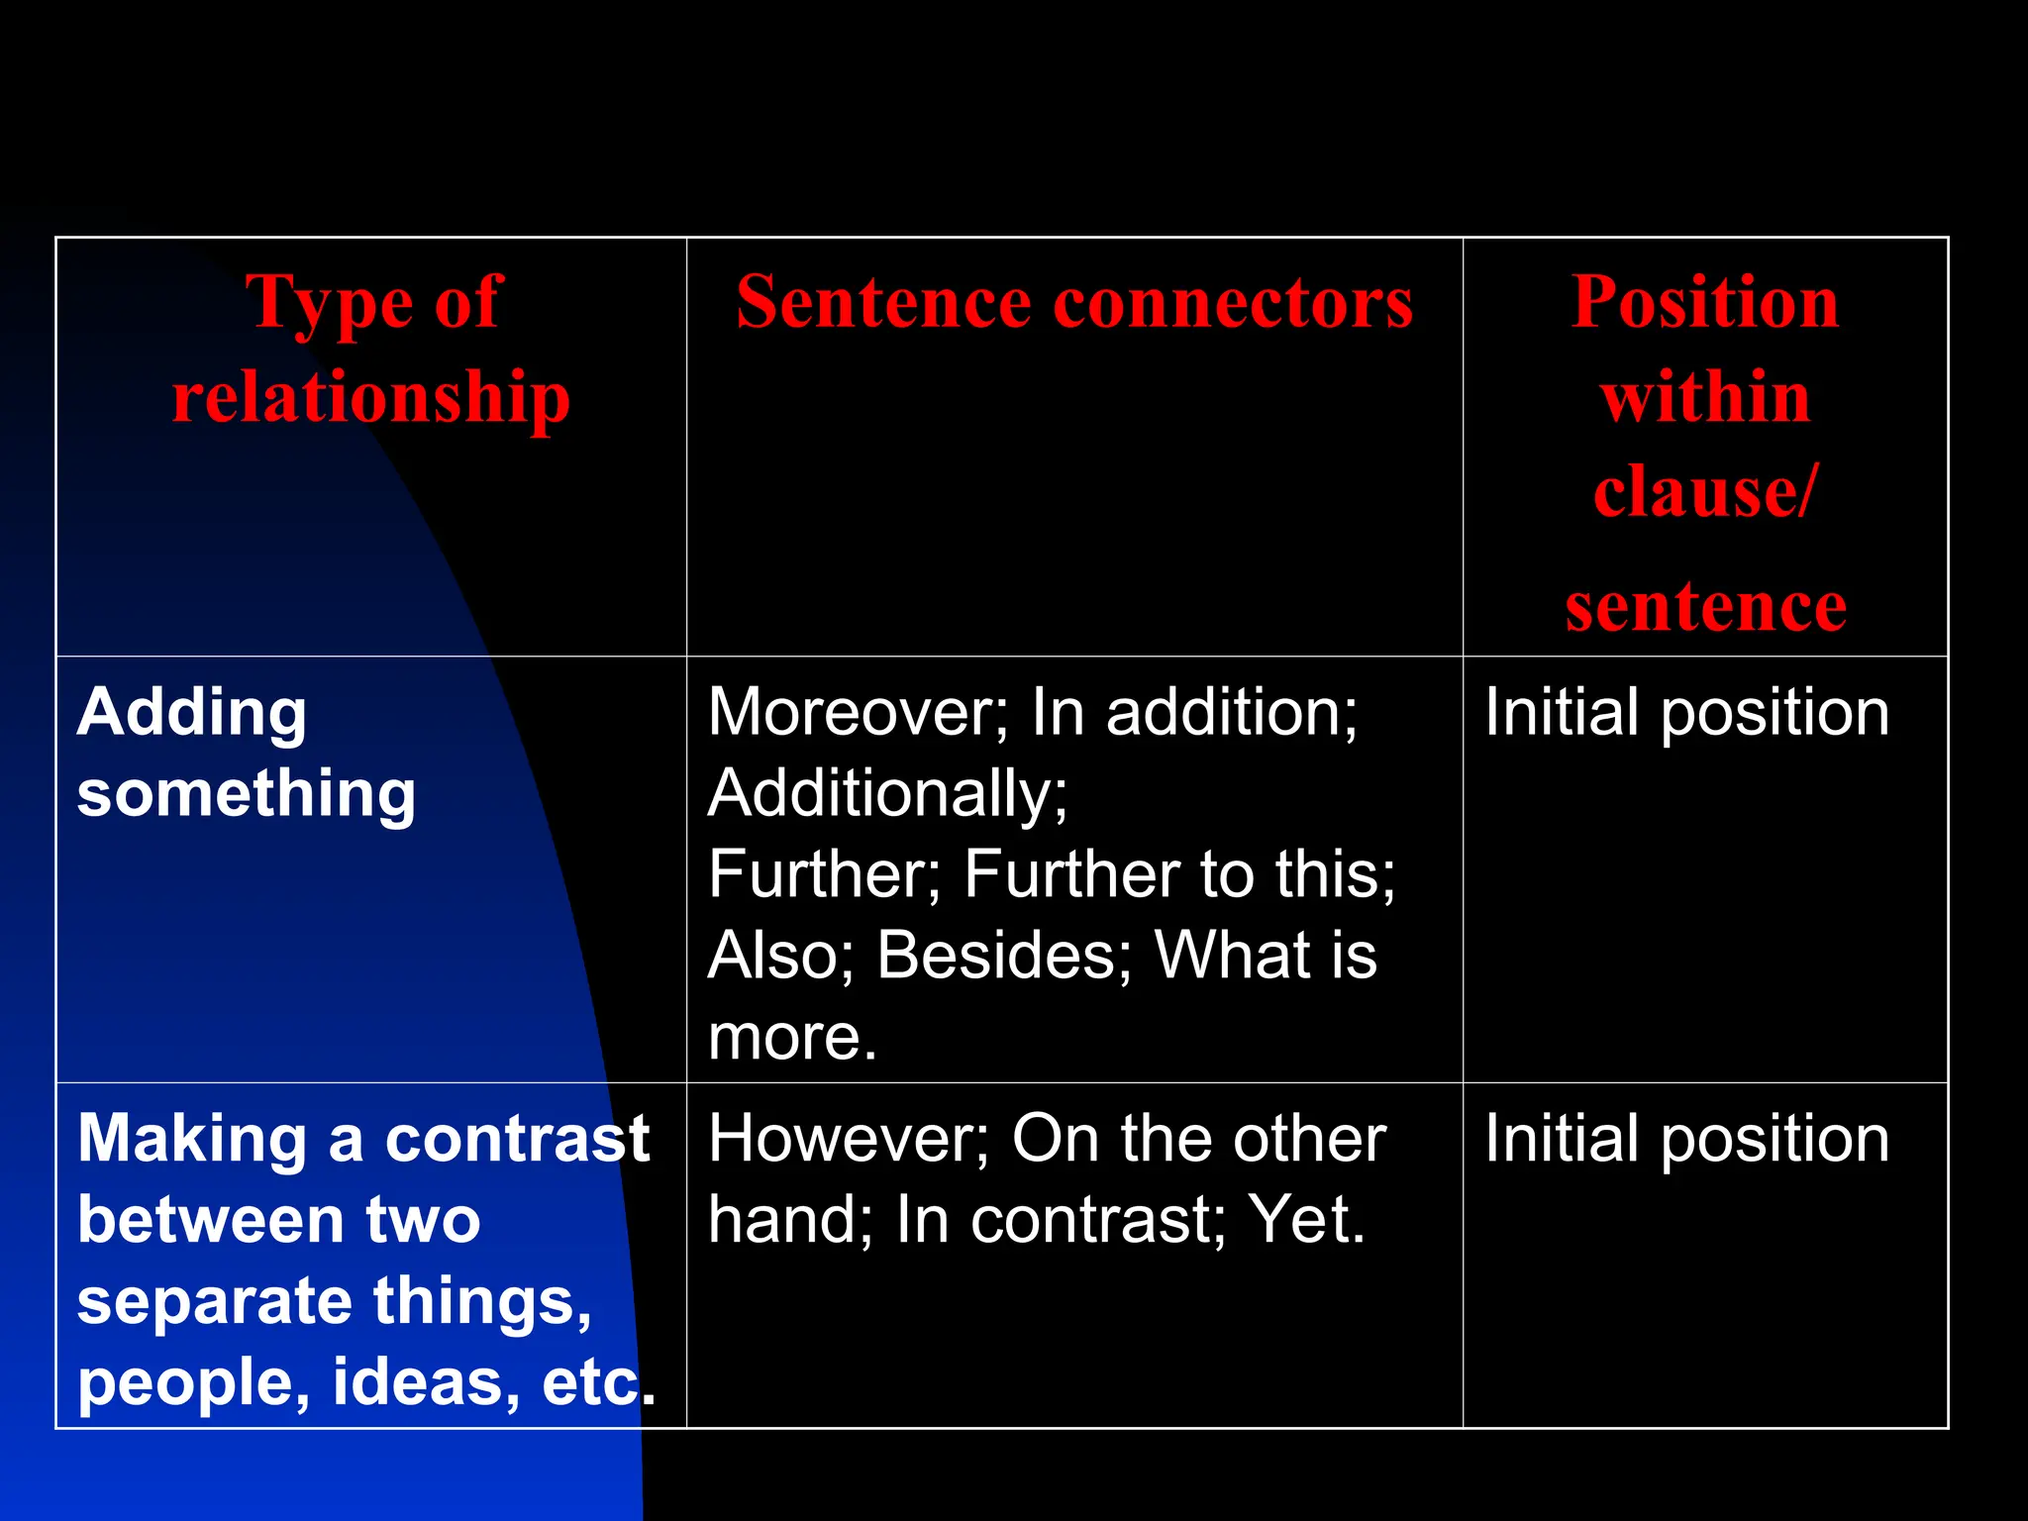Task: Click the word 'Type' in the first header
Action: tap(329, 303)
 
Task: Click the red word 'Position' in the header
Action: tap(1704, 302)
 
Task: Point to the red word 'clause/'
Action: tap(1704, 492)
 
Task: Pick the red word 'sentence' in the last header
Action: tap(1704, 606)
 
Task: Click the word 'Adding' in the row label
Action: tap(192, 712)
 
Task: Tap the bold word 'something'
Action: tap(247, 793)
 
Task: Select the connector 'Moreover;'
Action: tap(858, 712)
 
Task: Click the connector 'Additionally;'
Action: tap(888, 793)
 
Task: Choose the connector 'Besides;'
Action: tap(1003, 956)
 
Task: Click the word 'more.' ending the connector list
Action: tap(792, 1037)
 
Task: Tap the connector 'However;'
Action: tap(849, 1139)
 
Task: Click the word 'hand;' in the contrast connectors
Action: tap(790, 1220)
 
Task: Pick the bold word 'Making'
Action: tap(192, 1139)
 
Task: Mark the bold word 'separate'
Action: tap(214, 1301)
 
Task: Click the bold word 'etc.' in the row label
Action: tap(598, 1382)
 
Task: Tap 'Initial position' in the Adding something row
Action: tap(1686, 712)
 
